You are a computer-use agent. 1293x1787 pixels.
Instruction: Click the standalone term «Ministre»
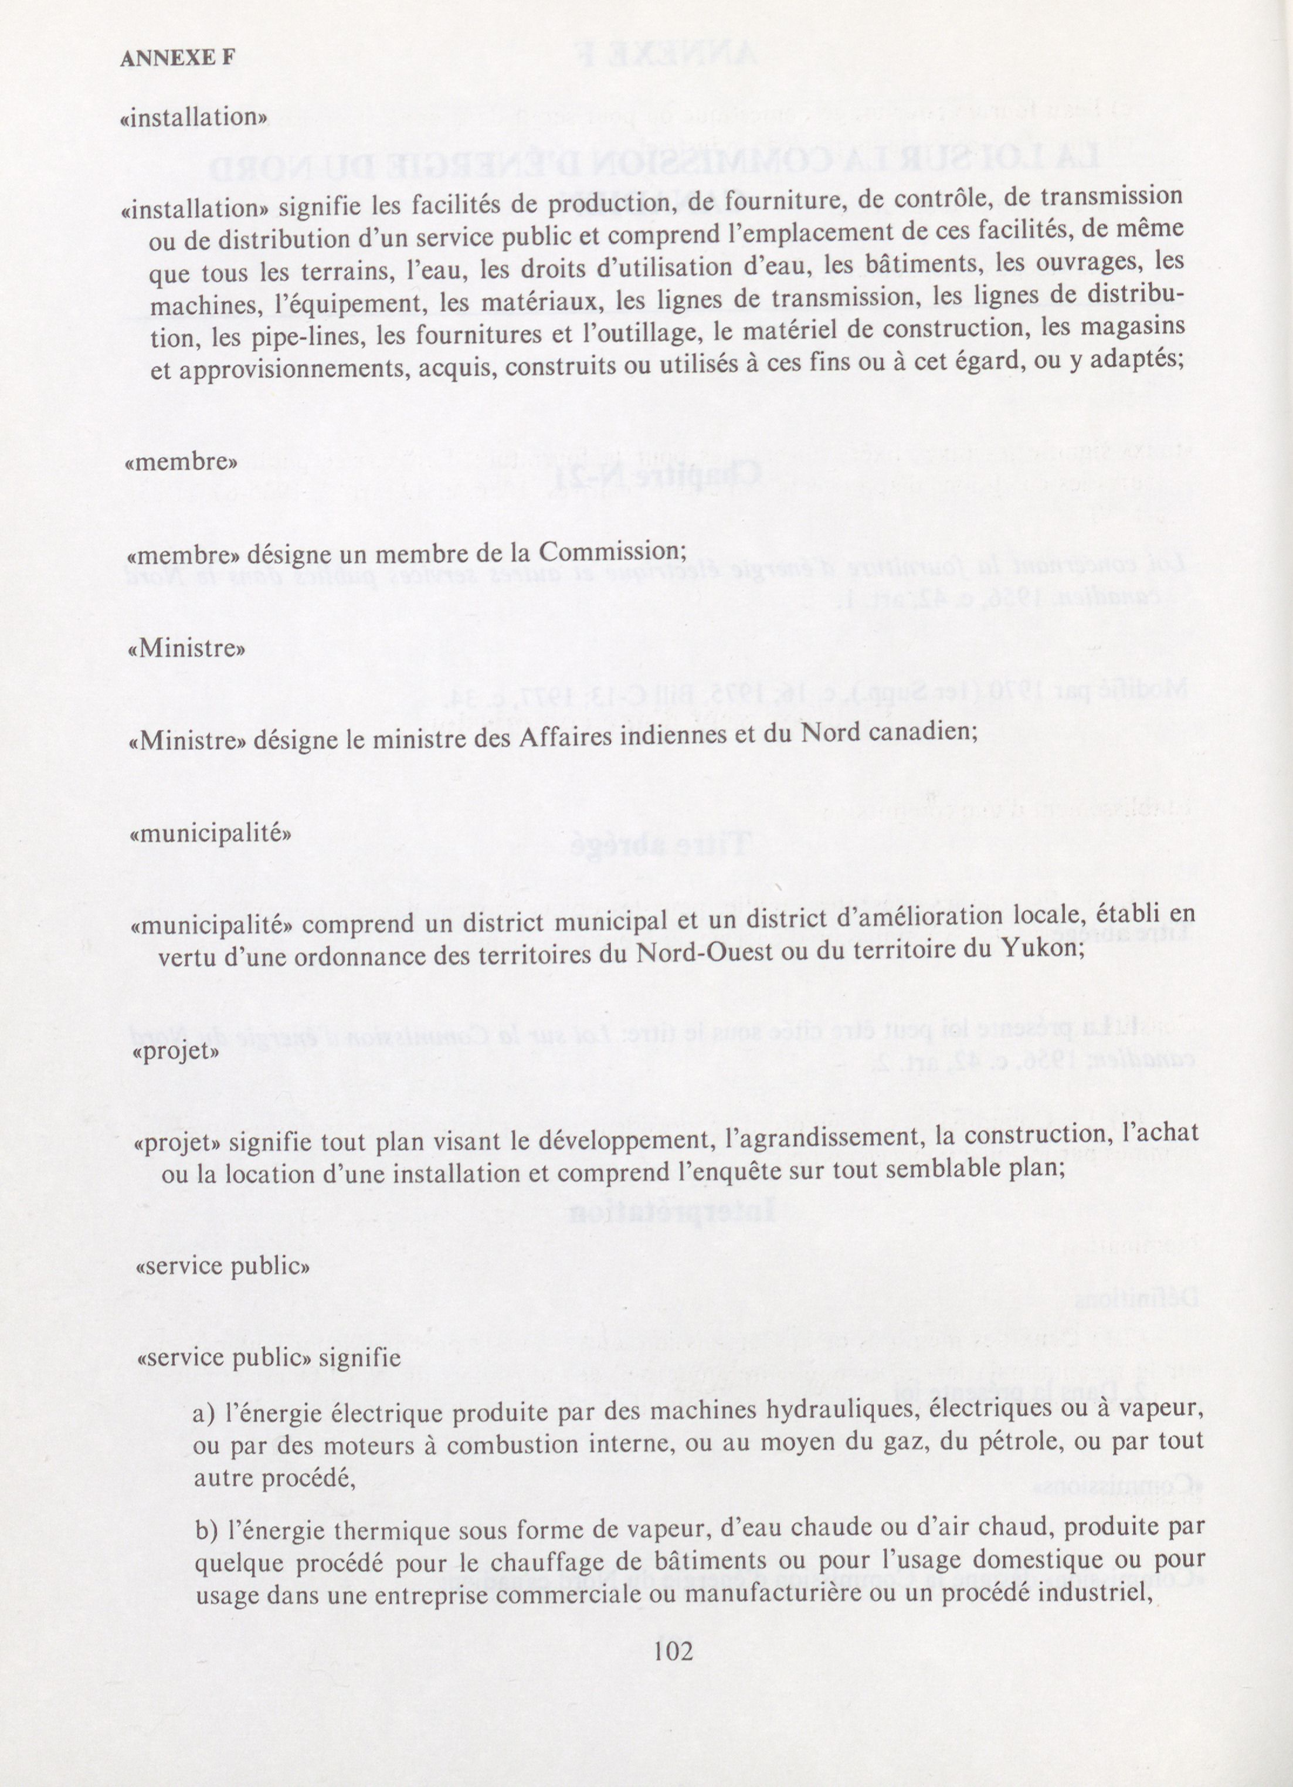[x=186, y=649]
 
